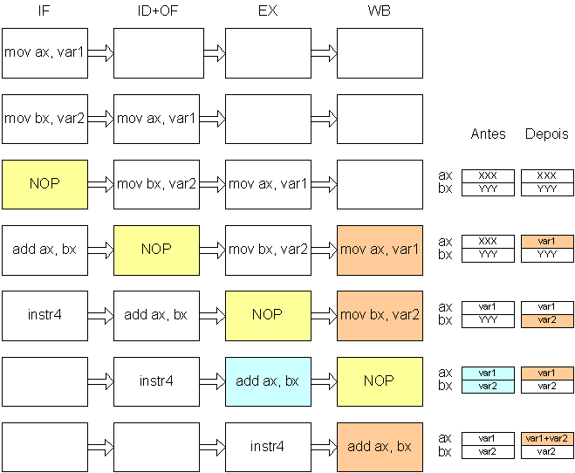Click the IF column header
[44, 10]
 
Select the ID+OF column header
[158, 10]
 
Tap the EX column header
[268, 10]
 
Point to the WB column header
[380, 10]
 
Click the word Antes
[488, 134]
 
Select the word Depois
[547, 134]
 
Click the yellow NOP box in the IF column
[44, 184]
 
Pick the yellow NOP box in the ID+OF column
[156, 250]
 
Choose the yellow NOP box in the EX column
[268, 316]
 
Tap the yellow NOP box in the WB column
[380, 381]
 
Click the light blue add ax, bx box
[268, 381]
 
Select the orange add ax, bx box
[380, 448]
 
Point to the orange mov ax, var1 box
[380, 250]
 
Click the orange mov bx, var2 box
[380, 316]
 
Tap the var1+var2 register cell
[547, 439]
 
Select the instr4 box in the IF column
[44, 316]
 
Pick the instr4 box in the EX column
[268, 448]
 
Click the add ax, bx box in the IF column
[44, 250]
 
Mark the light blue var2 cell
[488, 387]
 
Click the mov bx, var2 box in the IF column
[44, 120]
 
